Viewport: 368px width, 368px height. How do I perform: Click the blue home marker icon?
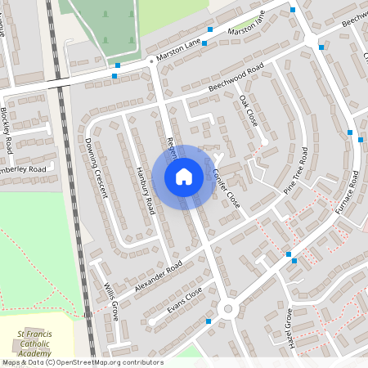[184, 177]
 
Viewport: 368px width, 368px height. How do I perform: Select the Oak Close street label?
[249, 110]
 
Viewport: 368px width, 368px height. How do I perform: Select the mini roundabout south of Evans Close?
[227, 309]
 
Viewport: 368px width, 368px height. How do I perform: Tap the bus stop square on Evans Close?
[209, 321]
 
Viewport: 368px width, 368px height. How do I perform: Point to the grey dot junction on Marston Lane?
[151, 60]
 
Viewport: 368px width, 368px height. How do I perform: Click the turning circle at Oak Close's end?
[264, 142]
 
